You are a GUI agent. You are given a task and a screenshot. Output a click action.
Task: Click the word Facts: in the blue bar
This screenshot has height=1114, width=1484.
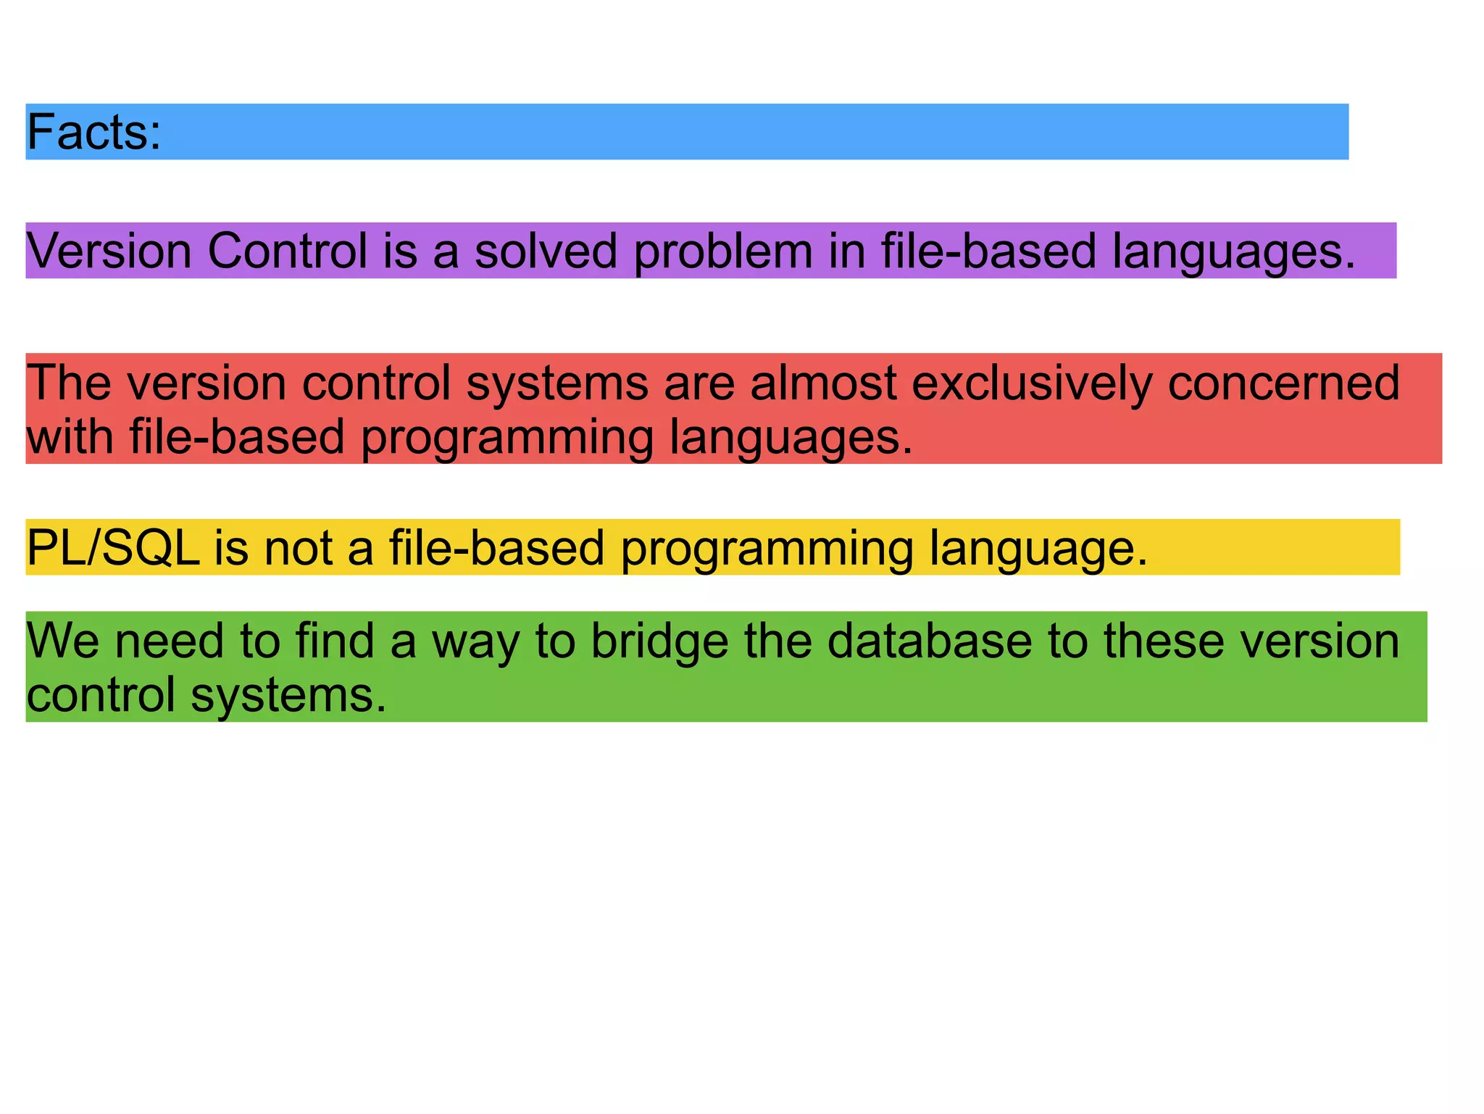pyautogui.click(x=93, y=133)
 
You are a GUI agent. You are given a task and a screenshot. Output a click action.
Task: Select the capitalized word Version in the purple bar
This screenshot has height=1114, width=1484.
pyautogui.click(x=109, y=252)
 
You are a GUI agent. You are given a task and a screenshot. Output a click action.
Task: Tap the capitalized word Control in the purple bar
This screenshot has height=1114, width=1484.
pyautogui.click(x=288, y=252)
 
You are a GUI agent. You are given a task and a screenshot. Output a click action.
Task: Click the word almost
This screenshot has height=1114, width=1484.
pyautogui.click(x=823, y=382)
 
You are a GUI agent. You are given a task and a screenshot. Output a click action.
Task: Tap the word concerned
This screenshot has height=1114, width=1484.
pyautogui.click(x=1283, y=382)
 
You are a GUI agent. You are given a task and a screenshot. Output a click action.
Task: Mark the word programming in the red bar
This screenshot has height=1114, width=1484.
pyautogui.click(x=507, y=438)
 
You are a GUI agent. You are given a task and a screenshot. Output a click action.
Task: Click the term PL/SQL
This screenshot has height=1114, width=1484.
pyautogui.click(x=113, y=547)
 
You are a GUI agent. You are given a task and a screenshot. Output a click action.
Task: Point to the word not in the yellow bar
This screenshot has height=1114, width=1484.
pyautogui.click(x=298, y=547)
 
